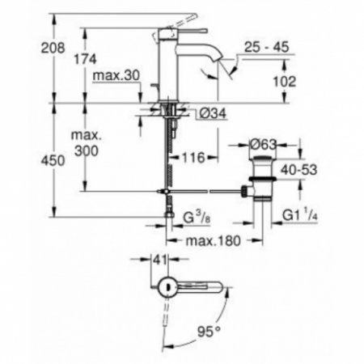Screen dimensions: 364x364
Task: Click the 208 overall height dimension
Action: click(x=53, y=49)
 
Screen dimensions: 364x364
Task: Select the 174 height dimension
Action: click(x=85, y=59)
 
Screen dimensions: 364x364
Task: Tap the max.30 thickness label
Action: click(x=116, y=75)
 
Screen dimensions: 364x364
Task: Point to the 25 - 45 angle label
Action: click(x=266, y=47)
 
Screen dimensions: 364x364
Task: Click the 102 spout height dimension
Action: click(x=285, y=82)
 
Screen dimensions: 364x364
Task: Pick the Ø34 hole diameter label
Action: click(x=212, y=113)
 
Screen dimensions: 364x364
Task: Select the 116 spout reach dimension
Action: click(x=193, y=158)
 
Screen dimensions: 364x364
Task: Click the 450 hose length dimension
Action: click(x=53, y=160)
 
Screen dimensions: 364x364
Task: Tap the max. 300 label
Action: click(x=87, y=143)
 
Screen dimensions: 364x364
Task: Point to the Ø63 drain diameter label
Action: click(x=264, y=145)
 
